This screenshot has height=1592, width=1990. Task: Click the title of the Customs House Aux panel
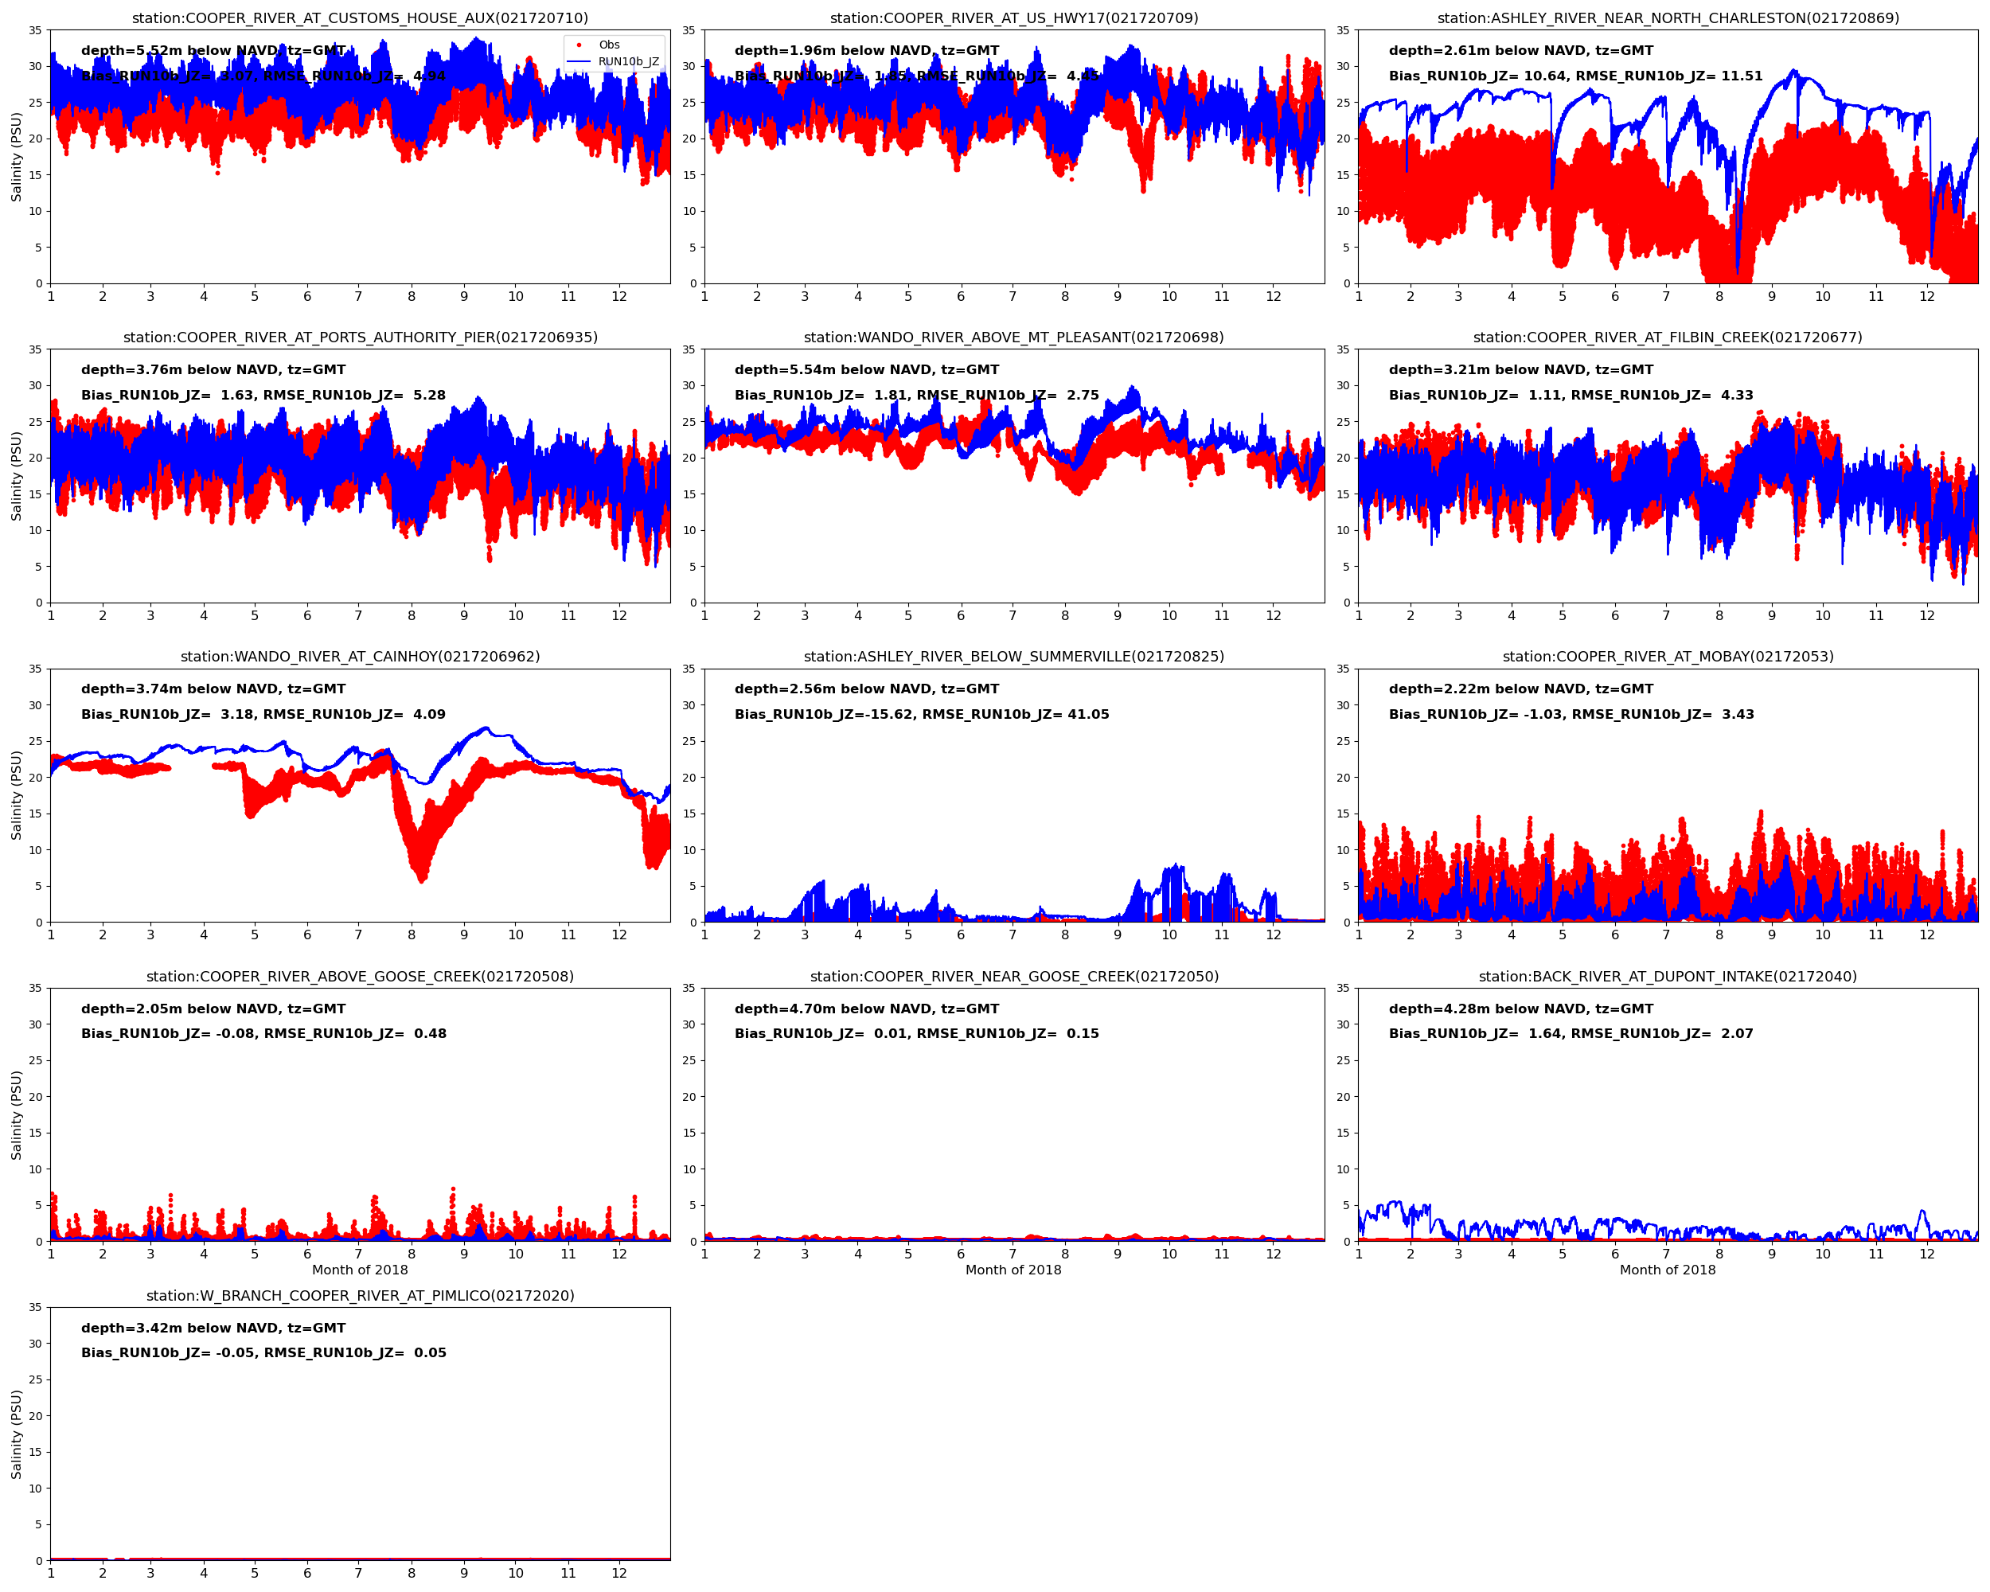pyautogui.click(x=360, y=18)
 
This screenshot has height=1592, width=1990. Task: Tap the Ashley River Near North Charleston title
pyautogui.click(x=1667, y=18)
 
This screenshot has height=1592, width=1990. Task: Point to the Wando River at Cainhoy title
pyautogui.click(x=360, y=656)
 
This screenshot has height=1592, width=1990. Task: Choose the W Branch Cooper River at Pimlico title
pyautogui.click(x=360, y=1295)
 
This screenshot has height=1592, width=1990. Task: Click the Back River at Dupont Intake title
pyautogui.click(x=1667, y=976)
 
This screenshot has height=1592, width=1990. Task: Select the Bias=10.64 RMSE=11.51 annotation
pyautogui.click(x=1574, y=76)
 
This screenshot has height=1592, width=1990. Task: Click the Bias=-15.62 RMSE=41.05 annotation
pyautogui.click(x=921, y=714)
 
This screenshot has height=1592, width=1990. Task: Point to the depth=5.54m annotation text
pyautogui.click(x=866, y=369)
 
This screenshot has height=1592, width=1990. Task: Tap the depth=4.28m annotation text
pyautogui.click(x=1520, y=1009)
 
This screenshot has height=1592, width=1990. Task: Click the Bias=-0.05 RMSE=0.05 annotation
pyautogui.click(x=263, y=1353)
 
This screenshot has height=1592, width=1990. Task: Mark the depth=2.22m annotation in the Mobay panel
pyautogui.click(x=1520, y=689)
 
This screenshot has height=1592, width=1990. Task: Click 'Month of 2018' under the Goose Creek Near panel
pyautogui.click(x=1013, y=1270)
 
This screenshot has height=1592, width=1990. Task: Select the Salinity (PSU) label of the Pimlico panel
pyautogui.click(x=16, y=1434)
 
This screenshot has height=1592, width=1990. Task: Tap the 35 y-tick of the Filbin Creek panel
pyautogui.click(x=1344, y=349)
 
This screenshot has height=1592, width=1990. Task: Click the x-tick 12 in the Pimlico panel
pyautogui.click(x=618, y=1574)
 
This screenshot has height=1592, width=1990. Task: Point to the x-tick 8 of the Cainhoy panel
pyautogui.click(x=412, y=935)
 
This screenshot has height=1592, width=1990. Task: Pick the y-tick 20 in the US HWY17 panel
pyautogui.click(x=689, y=139)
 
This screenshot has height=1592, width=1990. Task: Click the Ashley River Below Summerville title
pyautogui.click(x=1013, y=656)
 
